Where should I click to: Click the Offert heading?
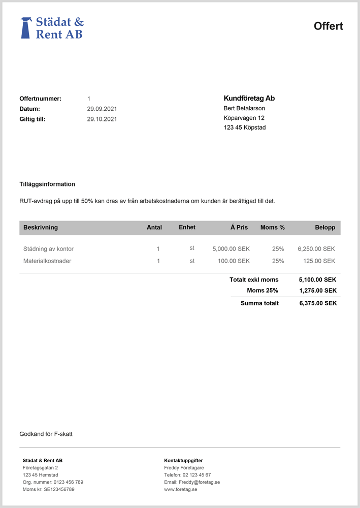point(328,26)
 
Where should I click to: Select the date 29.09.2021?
point(102,109)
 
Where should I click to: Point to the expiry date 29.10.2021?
point(102,119)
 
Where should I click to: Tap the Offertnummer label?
point(40,99)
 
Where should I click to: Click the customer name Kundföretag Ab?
point(249,99)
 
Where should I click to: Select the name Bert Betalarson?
point(244,108)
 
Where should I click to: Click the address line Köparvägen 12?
point(243,118)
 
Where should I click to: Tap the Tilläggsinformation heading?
point(47,184)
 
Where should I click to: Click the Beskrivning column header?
point(41,228)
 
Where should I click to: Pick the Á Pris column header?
point(239,228)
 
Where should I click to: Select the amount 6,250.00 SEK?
point(316,249)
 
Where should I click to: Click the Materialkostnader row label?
point(47,261)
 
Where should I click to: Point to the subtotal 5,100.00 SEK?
point(318,279)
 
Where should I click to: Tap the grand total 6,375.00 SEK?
point(318,303)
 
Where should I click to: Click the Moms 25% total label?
point(263,291)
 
